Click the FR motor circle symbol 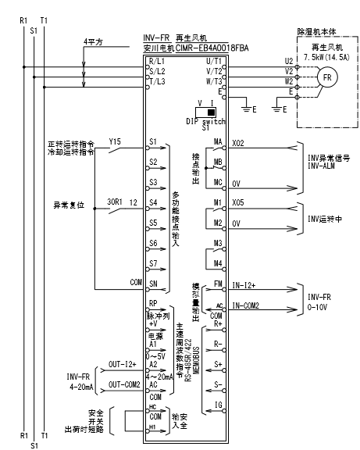327,77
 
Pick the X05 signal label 238,202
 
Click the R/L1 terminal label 155,60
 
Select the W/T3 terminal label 214,80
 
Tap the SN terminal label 153,285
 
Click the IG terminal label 218,405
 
